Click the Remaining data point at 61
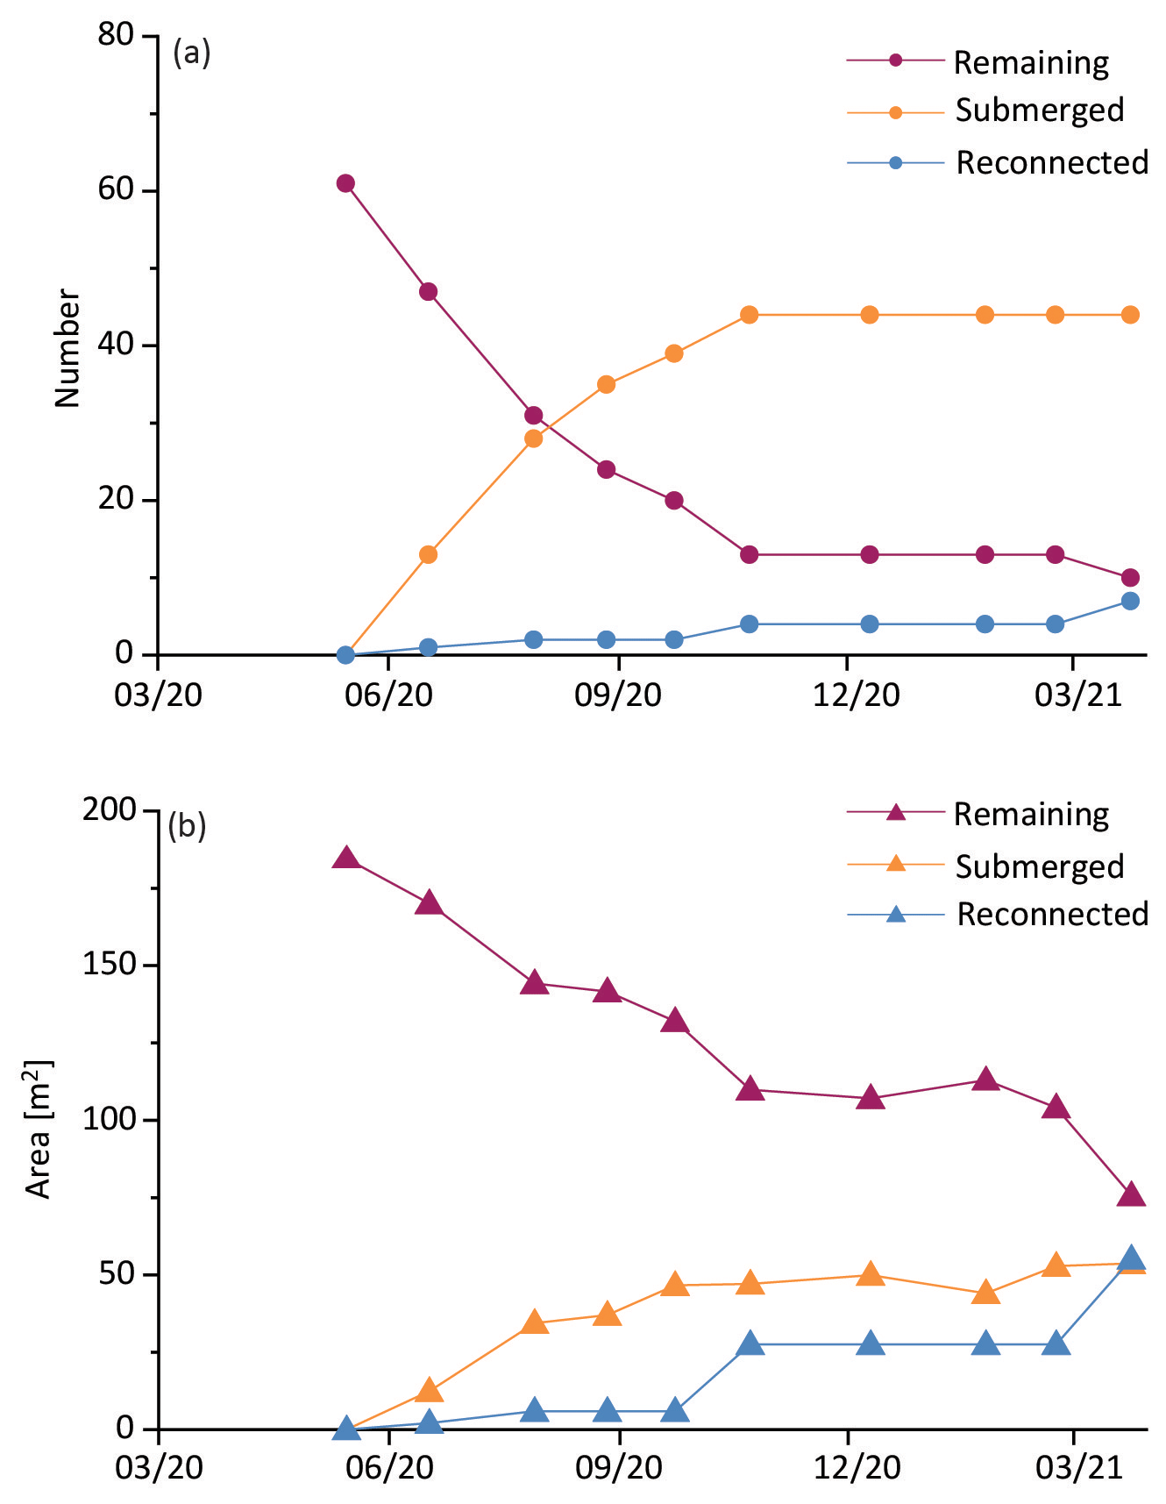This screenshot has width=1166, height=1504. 345,183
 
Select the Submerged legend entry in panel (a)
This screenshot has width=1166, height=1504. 1039,110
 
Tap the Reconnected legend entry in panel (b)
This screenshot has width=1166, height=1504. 1051,914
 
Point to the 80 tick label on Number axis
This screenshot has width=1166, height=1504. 116,36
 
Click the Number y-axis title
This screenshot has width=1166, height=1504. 68,348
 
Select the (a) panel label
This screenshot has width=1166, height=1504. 192,53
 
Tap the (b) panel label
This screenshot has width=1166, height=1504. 187,826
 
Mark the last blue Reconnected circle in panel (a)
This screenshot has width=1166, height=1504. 1130,601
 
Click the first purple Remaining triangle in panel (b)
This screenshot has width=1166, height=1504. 345,859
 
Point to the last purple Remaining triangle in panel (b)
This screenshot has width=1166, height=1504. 1131,1194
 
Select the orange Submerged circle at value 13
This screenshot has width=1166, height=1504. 428,554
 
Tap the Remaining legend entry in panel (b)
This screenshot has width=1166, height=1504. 1031,814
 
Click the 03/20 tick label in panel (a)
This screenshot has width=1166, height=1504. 159,695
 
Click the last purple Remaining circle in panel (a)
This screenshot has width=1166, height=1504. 1130,577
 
